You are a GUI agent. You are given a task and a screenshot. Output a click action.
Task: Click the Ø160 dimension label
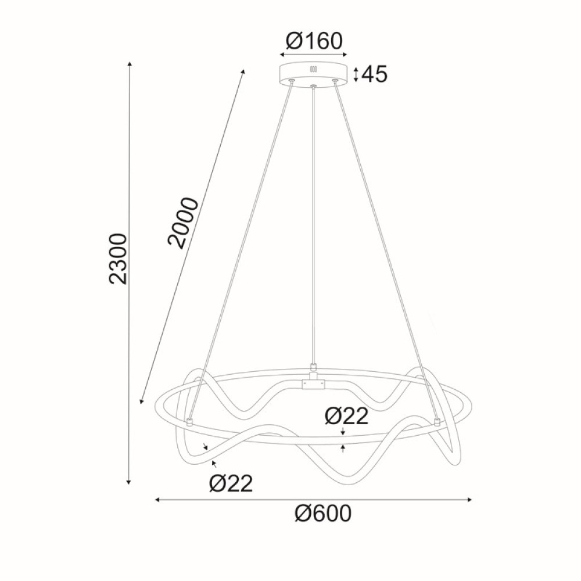point(314,41)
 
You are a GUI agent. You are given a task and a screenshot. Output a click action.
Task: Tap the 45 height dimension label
point(374,74)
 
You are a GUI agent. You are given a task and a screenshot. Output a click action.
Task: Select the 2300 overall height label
point(118,258)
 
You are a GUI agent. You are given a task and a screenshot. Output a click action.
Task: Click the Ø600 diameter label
point(322,514)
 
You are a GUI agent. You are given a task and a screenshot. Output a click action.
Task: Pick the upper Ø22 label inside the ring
point(346,416)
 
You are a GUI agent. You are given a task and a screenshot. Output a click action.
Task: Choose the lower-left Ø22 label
point(231,483)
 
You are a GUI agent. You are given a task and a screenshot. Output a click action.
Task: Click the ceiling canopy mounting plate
point(314,72)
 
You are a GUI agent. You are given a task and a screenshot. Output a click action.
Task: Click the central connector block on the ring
point(314,383)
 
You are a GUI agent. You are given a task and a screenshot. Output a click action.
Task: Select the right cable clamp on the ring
point(436,421)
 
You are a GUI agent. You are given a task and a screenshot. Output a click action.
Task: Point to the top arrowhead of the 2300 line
point(129,63)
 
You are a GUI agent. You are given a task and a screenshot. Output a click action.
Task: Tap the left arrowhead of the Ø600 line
point(157,499)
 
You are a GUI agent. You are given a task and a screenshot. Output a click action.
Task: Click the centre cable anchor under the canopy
point(314,87)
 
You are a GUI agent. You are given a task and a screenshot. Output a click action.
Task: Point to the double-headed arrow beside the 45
point(356,74)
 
